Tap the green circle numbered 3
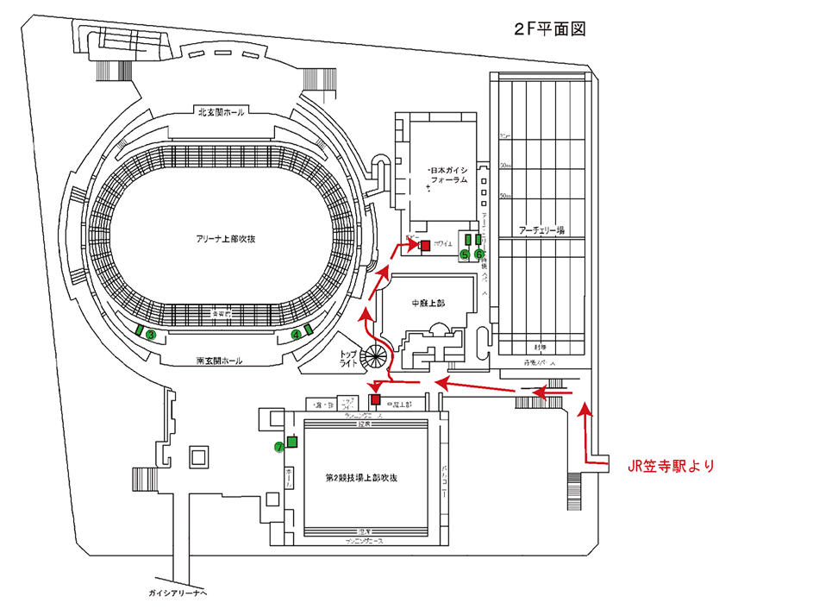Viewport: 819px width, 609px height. pyautogui.click(x=150, y=335)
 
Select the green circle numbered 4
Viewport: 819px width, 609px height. pyautogui.click(x=297, y=334)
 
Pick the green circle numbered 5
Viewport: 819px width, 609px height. pyautogui.click(x=465, y=254)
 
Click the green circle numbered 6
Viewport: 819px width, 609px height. pyautogui.click(x=479, y=254)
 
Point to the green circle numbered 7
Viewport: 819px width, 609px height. pyautogui.click(x=278, y=447)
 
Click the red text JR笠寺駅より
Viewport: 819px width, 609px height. pyautogui.click(x=672, y=466)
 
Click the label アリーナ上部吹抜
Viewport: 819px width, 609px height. pyautogui.click(x=226, y=238)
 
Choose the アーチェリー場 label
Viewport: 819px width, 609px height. pyautogui.click(x=541, y=230)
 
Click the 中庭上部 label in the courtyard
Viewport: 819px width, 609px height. pyautogui.click(x=427, y=303)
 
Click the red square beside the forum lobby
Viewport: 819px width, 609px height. pyautogui.click(x=425, y=246)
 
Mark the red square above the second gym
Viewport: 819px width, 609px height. pyautogui.click(x=375, y=399)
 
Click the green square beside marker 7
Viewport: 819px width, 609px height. pyautogui.click(x=291, y=443)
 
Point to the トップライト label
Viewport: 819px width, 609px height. pyautogui.click(x=348, y=361)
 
